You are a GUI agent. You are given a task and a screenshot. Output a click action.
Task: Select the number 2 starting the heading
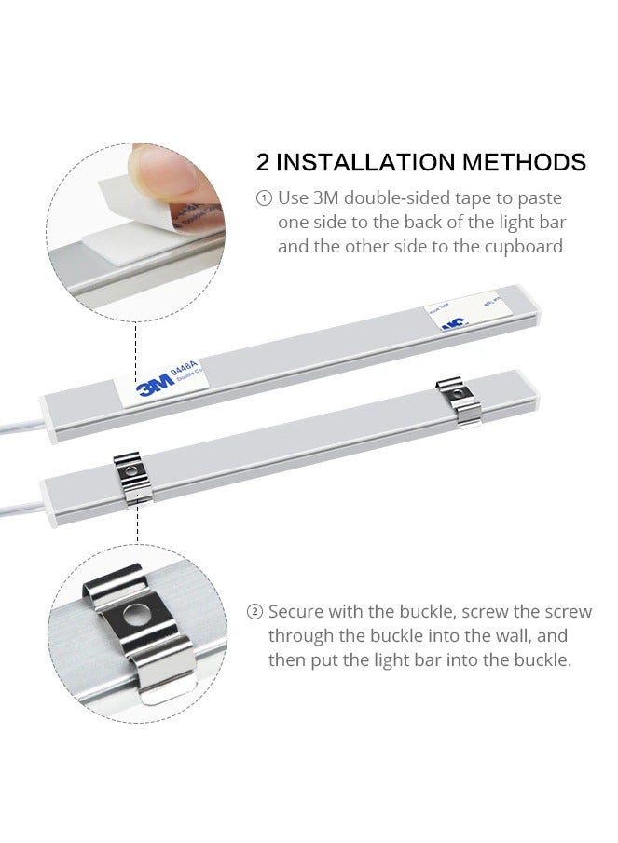click(264, 162)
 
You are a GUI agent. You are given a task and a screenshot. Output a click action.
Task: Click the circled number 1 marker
click(264, 198)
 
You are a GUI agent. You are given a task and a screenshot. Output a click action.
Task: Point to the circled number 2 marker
click(254, 612)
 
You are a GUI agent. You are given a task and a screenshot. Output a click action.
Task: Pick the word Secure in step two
click(295, 612)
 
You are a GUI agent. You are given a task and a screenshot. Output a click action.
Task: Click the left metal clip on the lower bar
click(134, 475)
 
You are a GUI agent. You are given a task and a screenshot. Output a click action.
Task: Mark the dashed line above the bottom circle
click(138, 526)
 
